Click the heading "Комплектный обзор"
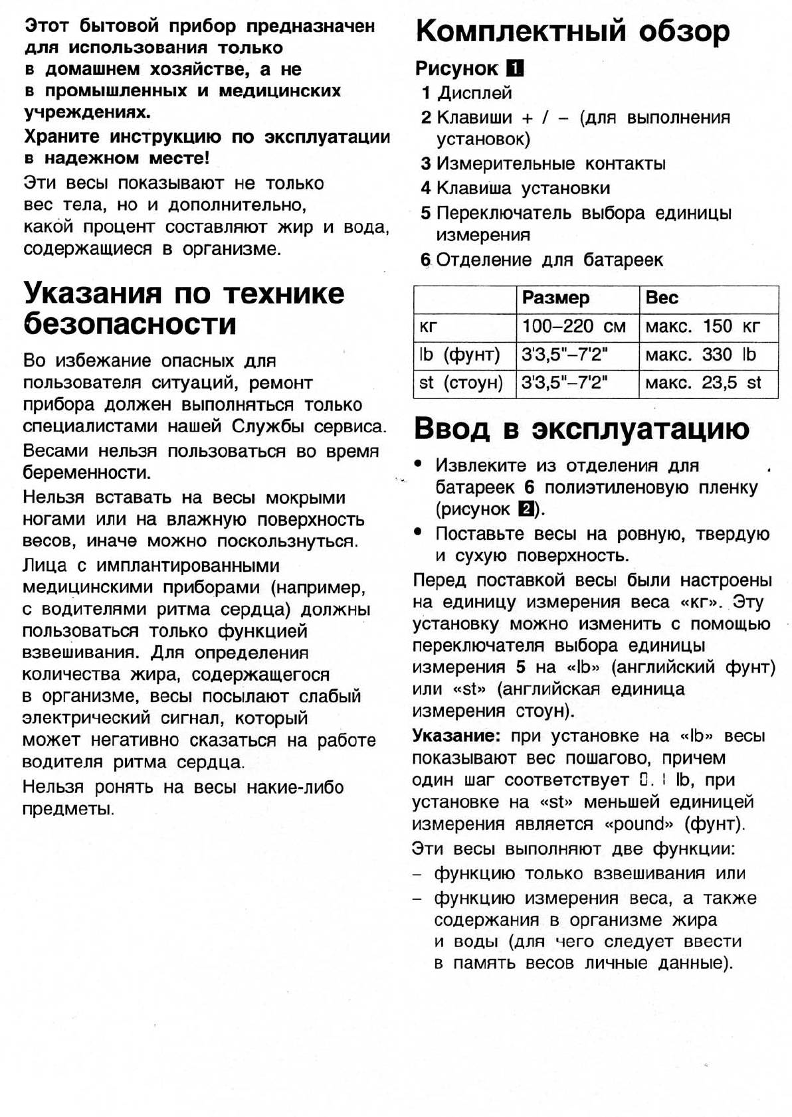point(572,31)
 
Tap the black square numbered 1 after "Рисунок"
point(514,68)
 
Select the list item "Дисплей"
point(474,93)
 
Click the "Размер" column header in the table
point(555,298)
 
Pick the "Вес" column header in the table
point(662,298)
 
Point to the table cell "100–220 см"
point(574,326)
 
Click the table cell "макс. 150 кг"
point(702,326)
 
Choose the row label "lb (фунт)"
point(459,355)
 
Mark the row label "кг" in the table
point(429,326)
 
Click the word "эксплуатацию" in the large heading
point(641,429)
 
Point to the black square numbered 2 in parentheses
point(525,509)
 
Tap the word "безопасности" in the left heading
point(130,324)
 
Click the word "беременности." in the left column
point(87,473)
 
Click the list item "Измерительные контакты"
point(551,164)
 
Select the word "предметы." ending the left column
point(68,810)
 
